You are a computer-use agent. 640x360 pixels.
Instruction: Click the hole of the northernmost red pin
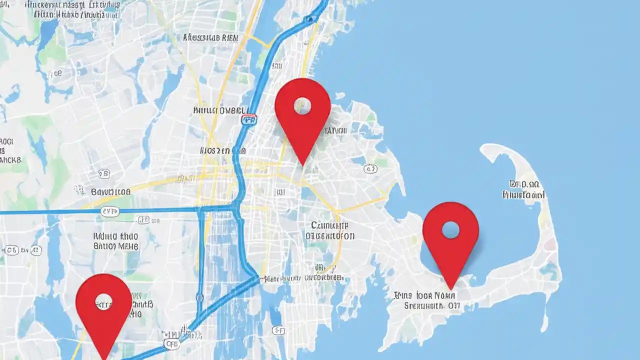(302, 105)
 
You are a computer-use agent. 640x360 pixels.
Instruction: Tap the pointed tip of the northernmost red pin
(303, 165)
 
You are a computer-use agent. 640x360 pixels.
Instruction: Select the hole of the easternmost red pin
(450, 230)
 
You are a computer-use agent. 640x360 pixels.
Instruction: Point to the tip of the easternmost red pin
(450, 289)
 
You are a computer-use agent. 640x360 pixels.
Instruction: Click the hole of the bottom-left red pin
(103, 301)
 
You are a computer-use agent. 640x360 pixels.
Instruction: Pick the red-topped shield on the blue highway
(248, 119)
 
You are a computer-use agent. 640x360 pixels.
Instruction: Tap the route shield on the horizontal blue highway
(110, 212)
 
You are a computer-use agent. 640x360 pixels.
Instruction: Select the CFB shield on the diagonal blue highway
(171, 344)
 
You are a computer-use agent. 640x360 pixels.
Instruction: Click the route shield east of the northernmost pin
(370, 169)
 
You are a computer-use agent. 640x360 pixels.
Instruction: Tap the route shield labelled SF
(278, 330)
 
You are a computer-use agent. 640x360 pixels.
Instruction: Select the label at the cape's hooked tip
(523, 190)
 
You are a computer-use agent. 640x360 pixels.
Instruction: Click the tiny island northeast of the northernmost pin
(340, 95)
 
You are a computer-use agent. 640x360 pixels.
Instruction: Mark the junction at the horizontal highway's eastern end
(231, 207)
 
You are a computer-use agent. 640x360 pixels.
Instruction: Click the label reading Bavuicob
(110, 191)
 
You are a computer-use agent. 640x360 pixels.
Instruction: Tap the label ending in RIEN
(210, 37)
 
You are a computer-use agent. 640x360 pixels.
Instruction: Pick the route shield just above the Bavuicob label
(104, 174)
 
